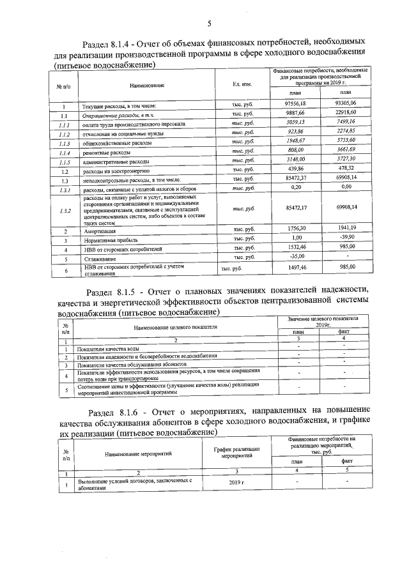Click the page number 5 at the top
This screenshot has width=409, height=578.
click(x=208, y=24)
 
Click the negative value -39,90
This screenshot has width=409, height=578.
click(x=348, y=238)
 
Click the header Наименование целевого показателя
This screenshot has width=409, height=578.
click(x=175, y=327)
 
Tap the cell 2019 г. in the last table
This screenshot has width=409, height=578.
click(x=236, y=483)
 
